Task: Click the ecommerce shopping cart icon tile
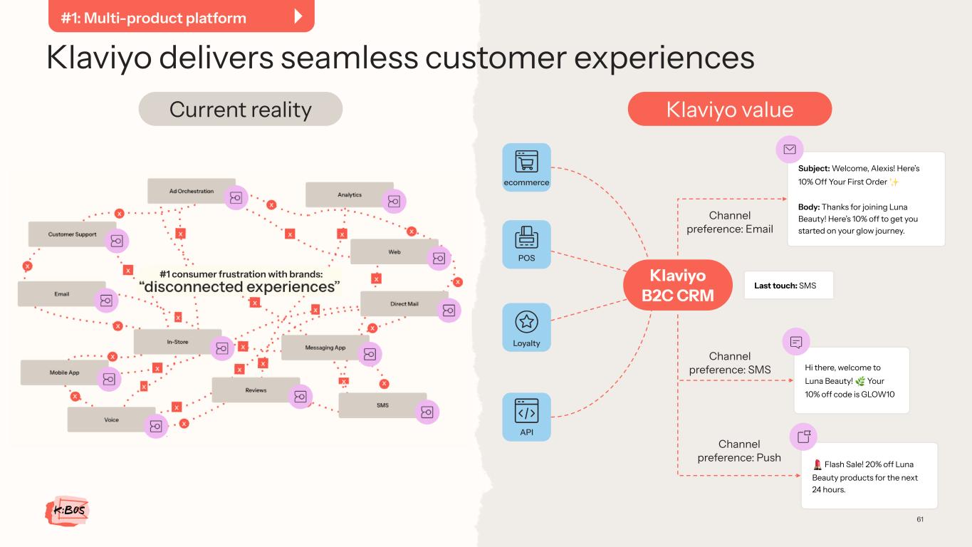(526, 167)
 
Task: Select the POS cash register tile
(526, 244)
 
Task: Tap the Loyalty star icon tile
(526, 327)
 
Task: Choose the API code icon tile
(526, 417)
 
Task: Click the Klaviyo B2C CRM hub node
(678, 285)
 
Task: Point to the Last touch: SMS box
(789, 285)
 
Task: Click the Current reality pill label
(241, 109)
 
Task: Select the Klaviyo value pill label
(729, 109)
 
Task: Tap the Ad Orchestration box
(192, 191)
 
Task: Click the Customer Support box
(72, 234)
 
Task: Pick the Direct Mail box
(404, 304)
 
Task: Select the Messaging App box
(325, 348)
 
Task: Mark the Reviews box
(256, 390)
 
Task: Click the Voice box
(111, 420)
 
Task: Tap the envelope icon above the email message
(789, 150)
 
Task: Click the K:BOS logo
(67, 510)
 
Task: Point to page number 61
(920, 519)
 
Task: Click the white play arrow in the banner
(298, 16)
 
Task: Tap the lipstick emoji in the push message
(817, 464)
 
